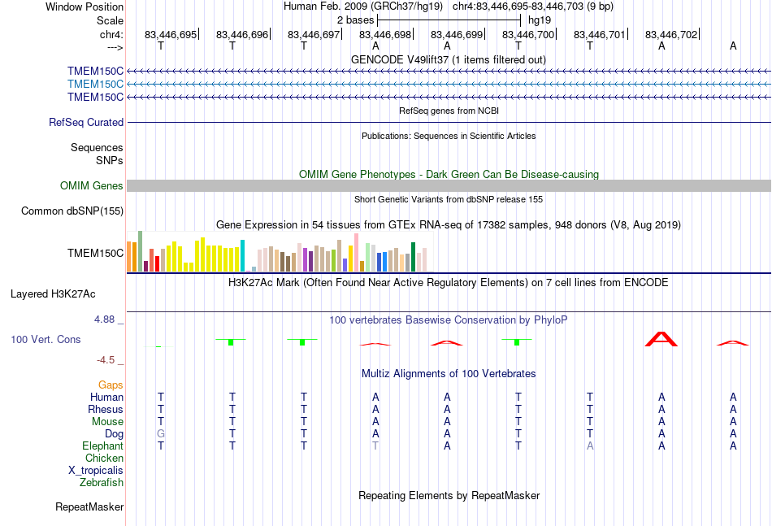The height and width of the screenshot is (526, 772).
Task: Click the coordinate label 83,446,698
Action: (385, 34)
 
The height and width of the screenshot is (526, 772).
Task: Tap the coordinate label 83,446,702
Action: (671, 34)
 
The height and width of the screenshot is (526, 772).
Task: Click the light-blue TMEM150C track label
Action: (96, 85)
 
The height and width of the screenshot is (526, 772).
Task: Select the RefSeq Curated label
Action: (86, 122)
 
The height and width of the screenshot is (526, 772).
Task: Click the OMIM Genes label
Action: (92, 185)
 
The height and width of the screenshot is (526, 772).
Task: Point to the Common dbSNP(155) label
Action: (72, 211)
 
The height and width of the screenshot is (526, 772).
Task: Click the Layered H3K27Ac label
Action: (53, 294)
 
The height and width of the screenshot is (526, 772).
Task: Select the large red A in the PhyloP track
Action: (661, 339)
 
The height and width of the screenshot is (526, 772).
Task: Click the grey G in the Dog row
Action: (161, 434)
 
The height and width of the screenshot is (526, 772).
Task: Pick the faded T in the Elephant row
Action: (375, 446)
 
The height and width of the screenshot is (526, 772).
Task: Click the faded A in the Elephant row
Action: (590, 446)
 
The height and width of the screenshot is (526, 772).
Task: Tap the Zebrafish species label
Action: (102, 483)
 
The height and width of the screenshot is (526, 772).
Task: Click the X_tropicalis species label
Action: (96, 471)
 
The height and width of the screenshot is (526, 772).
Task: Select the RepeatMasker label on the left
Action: (89, 506)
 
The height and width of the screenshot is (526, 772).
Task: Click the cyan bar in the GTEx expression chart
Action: (242, 255)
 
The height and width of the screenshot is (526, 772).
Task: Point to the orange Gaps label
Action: (111, 385)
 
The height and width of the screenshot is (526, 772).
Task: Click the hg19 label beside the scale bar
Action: (540, 20)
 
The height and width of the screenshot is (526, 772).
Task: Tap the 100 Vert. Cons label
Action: (46, 339)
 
